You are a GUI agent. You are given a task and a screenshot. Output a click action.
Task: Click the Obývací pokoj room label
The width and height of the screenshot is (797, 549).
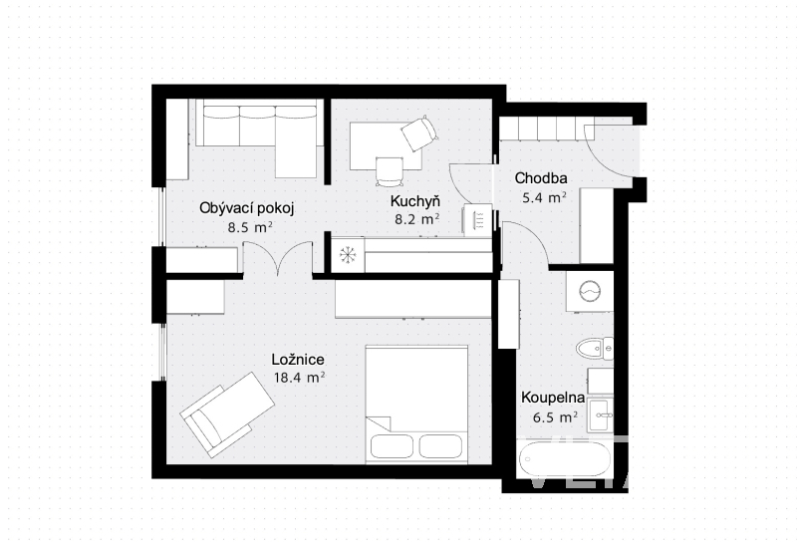tap(246, 208)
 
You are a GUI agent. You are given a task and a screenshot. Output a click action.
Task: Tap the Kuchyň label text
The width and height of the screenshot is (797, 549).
tap(414, 201)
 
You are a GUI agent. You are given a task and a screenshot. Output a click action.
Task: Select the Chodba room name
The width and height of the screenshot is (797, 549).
tap(541, 178)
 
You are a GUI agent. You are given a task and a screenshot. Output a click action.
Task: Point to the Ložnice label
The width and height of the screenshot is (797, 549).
tap(298, 360)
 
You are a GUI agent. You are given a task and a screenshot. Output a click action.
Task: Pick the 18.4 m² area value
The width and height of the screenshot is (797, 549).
tap(299, 378)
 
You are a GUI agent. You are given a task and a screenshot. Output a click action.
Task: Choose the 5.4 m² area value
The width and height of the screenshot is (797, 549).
tap(544, 197)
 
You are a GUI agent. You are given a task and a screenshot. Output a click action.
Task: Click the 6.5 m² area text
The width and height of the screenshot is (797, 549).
tap(555, 417)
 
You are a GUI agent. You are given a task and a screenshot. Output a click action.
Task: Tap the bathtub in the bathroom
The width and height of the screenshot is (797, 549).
tap(565, 459)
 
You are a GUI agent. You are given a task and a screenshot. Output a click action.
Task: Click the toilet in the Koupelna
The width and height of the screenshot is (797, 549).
tap(595, 349)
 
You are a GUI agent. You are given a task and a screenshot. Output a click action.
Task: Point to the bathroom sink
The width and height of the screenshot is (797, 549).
tap(601, 414)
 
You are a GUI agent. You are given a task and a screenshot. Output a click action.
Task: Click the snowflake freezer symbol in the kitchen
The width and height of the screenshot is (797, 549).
tap(348, 254)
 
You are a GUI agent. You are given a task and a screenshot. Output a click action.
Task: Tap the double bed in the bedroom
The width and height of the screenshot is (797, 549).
tap(416, 405)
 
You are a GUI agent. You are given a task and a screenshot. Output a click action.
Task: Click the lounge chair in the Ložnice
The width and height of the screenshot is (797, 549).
tap(228, 413)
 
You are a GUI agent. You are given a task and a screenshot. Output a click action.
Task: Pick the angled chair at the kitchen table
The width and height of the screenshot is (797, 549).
tap(419, 134)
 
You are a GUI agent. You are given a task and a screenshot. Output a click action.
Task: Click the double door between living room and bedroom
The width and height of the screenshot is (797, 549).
tap(277, 258)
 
